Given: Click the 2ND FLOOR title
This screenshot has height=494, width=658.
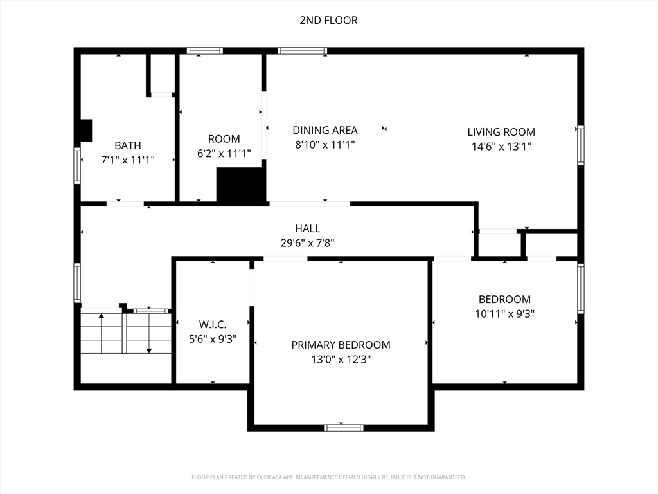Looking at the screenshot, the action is click(x=328, y=20).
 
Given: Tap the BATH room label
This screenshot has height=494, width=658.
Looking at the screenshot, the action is click(x=128, y=145).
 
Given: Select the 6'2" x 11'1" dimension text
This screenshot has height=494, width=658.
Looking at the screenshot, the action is click(x=224, y=153).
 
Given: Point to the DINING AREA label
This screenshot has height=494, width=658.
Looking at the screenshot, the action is click(x=325, y=130).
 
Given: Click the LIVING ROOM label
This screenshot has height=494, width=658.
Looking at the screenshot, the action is click(x=501, y=132).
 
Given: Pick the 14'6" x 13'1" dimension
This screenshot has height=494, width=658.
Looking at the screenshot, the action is click(x=501, y=146).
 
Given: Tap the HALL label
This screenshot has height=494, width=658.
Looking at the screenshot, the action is click(x=308, y=228).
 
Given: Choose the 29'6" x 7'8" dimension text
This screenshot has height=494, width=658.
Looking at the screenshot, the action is click(x=308, y=242).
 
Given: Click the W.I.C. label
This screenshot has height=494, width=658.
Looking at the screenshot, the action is click(x=213, y=324).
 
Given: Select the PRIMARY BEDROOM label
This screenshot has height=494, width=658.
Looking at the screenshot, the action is click(x=341, y=345).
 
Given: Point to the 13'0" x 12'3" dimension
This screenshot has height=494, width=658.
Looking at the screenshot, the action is click(x=341, y=360).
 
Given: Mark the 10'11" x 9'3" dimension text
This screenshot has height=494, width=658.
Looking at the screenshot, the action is click(x=505, y=314).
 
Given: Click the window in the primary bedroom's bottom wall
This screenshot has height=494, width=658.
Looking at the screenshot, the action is click(x=344, y=428).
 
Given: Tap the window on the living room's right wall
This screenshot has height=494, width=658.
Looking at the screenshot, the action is click(x=580, y=145).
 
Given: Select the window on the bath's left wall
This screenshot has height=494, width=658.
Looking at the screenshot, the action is click(x=77, y=165).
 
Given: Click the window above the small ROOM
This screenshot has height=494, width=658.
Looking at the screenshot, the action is click(x=205, y=51).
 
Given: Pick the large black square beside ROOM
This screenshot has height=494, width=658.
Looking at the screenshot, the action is click(x=242, y=186).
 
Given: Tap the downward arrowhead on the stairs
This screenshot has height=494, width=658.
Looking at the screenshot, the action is click(x=149, y=351).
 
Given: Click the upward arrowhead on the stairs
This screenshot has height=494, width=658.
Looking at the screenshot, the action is click(x=101, y=315).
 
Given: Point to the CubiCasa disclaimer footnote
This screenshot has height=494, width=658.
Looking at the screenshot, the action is click(x=329, y=477).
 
